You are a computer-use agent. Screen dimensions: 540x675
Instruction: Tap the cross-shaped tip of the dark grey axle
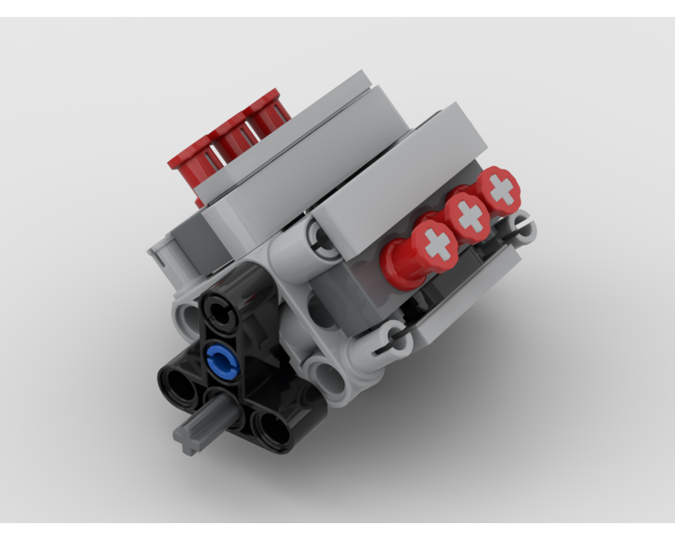click(x=186, y=437)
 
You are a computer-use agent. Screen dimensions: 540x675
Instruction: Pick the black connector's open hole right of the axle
click(x=273, y=425)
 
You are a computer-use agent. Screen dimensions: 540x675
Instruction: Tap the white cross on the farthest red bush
click(x=501, y=190)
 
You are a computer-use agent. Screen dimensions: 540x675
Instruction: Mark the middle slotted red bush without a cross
click(x=231, y=137)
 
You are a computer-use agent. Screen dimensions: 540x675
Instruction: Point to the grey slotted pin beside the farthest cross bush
click(x=522, y=228)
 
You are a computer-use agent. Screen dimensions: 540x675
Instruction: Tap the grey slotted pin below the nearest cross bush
click(x=396, y=340)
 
